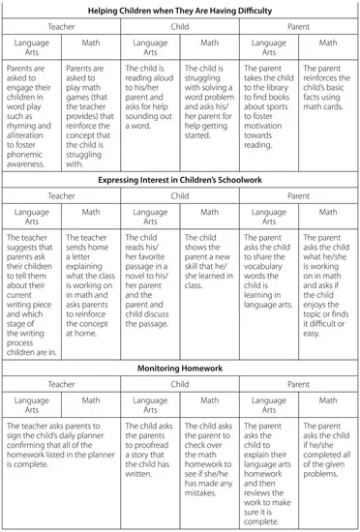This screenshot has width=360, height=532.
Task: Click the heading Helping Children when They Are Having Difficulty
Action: pyautogui.click(x=179, y=10)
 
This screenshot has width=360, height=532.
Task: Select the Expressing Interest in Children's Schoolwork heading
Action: pyautogui.click(x=179, y=179)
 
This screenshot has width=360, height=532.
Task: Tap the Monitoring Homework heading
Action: pyautogui.click(x=179, y=368)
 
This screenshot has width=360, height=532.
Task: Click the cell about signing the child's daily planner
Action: pyautogui.click(x=60, y=445)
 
